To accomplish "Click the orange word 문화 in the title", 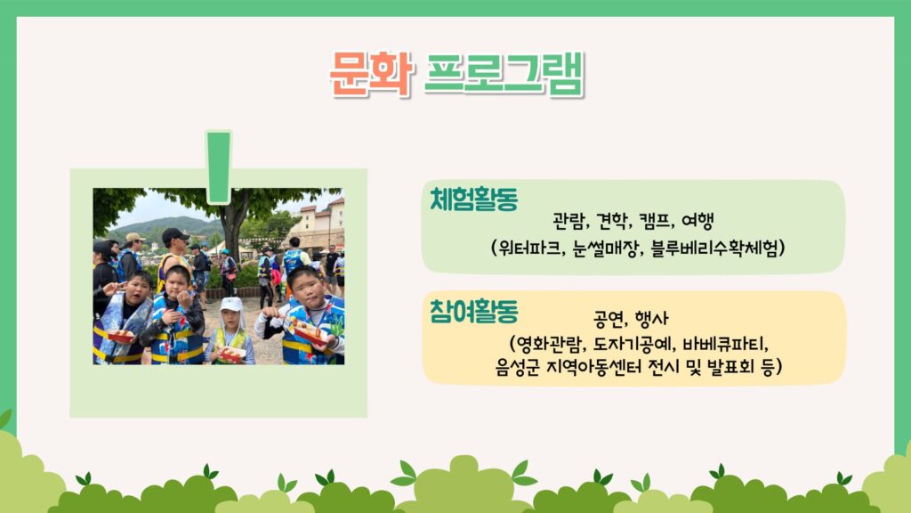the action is point(371,74).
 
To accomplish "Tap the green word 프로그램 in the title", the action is point(504,74).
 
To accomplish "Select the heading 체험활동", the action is point(473,199).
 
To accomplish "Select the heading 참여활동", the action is point(473,311).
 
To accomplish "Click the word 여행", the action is point(697,221).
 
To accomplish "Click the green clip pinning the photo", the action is point(219,167).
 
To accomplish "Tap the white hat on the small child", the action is point(231,305).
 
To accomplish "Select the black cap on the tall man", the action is point(175,235).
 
